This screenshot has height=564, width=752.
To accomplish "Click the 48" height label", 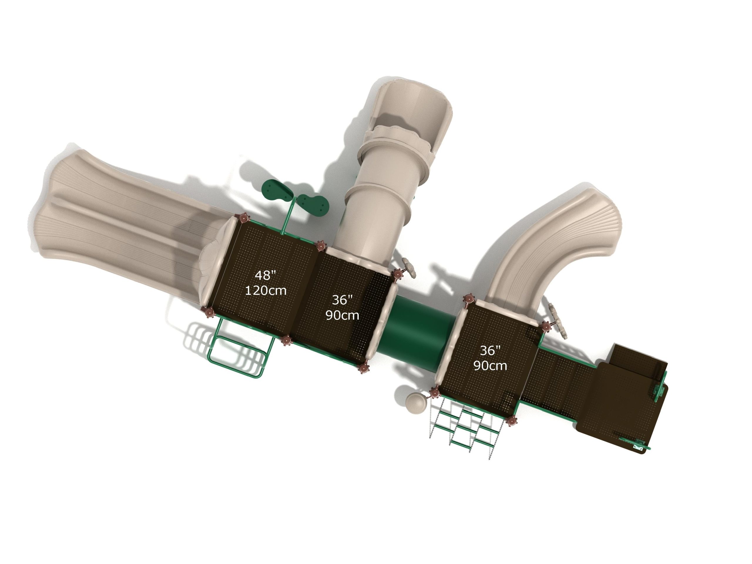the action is [265, 275].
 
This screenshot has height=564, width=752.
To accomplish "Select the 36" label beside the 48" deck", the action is [342, 300].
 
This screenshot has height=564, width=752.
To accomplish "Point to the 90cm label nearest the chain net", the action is [490, 366].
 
